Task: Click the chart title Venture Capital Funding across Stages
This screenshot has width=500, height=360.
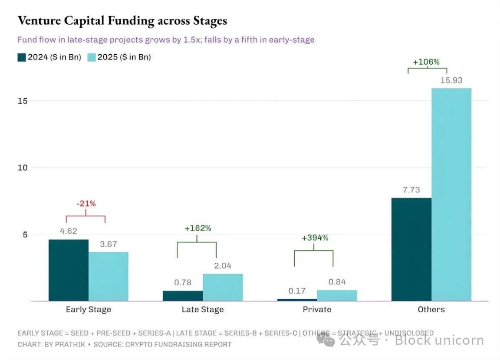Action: (x=122, y=20)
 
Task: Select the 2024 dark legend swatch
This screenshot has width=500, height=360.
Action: (x=22, y=57)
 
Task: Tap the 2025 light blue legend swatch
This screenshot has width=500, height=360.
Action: (x=92, y=57)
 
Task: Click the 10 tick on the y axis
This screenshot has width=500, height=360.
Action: (x=23, y=168)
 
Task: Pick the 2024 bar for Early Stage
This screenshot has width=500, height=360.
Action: (x=69, y=270)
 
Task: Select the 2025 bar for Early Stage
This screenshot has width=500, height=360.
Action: (x=109, y=276)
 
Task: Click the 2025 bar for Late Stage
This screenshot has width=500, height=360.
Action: (x=223, y=287)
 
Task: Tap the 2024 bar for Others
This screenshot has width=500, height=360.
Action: (x=411, y=249)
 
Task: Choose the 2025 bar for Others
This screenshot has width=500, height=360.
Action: (x=451, y=194)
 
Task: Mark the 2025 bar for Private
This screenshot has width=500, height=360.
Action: (x=337, y=295)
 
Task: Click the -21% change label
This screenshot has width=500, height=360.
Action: (x=86, y=203)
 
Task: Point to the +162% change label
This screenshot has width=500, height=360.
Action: (x=198, y=228)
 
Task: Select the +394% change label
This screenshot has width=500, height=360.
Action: (x=315, y=238)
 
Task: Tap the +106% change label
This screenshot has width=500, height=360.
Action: (x=426, y=62)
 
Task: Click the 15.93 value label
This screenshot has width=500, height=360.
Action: (x=451, y=80)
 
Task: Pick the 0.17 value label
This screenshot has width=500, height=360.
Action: (x=297, y=291)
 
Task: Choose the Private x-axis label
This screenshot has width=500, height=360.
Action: (x=317, y=310)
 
